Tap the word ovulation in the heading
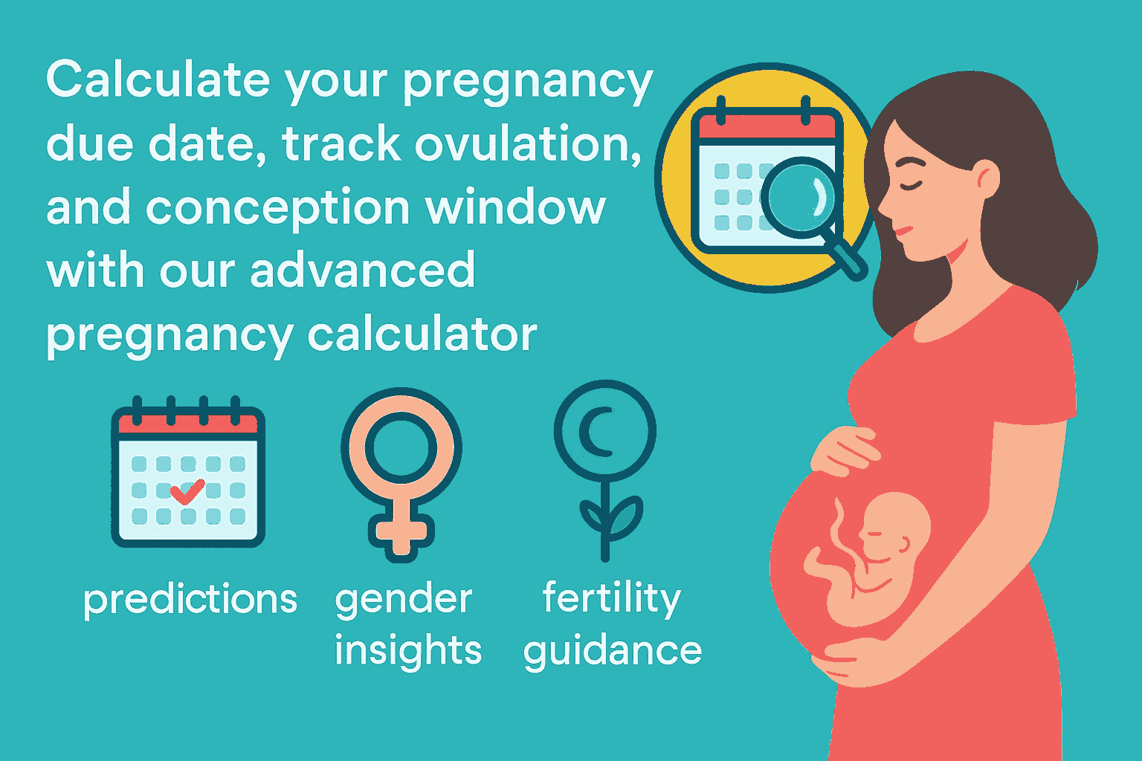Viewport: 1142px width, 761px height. coord(528,143)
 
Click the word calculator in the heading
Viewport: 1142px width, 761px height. coord(422,334)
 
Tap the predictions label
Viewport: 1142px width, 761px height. coord(190,599)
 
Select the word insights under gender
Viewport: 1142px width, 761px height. coord(408,651)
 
